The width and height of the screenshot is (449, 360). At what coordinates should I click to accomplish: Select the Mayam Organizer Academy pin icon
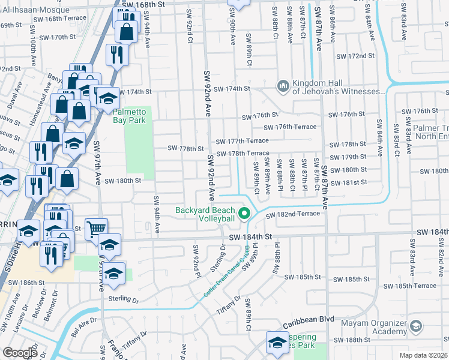click(416, 326)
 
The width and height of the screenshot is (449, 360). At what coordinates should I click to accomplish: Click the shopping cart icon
click(96, 228)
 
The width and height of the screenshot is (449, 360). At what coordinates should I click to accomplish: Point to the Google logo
click(20, 352)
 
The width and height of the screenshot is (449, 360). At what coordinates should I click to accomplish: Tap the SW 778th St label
click(182, 148)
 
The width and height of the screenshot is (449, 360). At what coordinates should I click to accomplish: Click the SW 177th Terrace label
click(247, 140)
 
